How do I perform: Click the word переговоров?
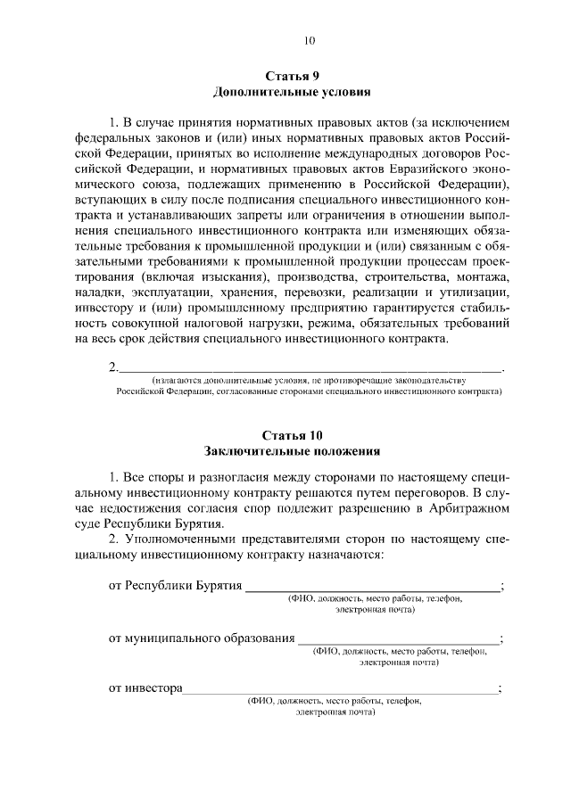point(423,492)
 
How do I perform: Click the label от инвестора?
point(145,688)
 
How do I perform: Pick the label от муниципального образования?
point(202,638)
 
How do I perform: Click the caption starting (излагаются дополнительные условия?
point(309,379)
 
